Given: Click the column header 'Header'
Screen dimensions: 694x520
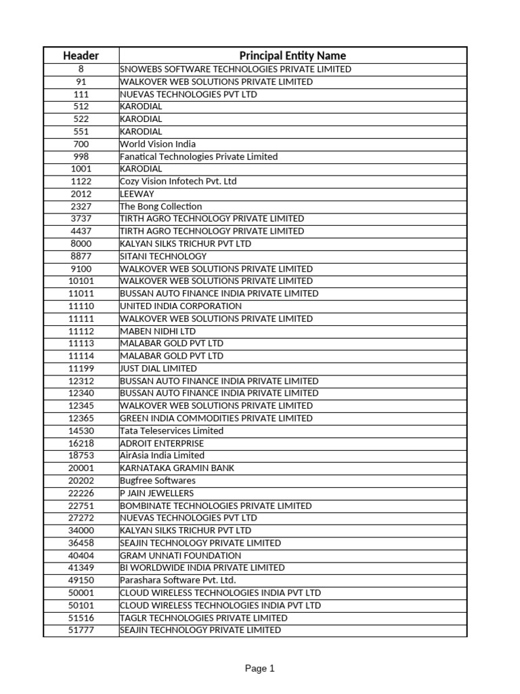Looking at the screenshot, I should click(x=81, y=56).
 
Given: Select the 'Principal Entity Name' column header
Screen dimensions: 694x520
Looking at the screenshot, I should click(x=292, y=56).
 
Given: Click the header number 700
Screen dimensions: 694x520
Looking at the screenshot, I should click(x=81, y=144).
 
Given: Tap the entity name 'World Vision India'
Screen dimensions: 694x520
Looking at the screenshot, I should click(x=158, y=144).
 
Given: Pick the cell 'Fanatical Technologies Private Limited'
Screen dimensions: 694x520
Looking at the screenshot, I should click(x=198, y=157).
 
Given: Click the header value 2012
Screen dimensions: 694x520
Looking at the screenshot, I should click(x=81, y=194).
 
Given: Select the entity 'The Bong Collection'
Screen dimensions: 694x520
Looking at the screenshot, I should click(x=160, y=206).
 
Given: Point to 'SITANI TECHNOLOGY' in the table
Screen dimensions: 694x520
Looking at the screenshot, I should click(x=163, y=256).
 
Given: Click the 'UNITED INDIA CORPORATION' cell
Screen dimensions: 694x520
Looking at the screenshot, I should click(x=181, y=306).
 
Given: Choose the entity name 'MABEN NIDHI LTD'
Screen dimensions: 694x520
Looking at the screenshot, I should click(x=158, y=331).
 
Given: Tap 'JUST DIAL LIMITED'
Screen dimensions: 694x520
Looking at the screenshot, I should click(x=158, y=368).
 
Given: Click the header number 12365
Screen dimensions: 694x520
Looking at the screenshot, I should click(x=81, y=418).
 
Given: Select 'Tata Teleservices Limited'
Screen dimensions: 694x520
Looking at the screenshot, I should click(x=171, y=430).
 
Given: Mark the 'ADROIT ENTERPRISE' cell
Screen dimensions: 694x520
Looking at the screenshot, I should click(x=162, y=443).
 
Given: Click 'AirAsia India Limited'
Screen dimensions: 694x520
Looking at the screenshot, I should click(x=162, y=455).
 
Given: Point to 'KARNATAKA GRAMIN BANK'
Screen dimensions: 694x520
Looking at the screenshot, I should click(x=177, y=468).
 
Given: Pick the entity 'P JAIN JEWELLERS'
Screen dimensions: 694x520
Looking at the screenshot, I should click(x=156, y=493).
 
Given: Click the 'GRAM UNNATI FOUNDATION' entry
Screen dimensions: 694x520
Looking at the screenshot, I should click(x=180, y=555).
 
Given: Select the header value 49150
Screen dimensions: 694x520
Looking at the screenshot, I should click(x=81, y=580).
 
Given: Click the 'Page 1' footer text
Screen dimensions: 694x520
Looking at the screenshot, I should click(x=260, y=668).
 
